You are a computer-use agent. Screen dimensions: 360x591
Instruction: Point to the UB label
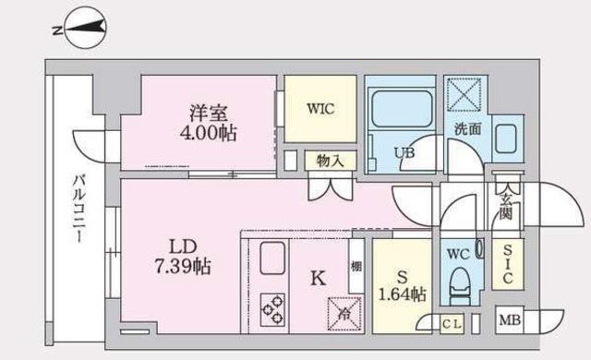tap(404, 152)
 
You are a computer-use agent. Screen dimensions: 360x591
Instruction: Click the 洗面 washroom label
tap(467, 129)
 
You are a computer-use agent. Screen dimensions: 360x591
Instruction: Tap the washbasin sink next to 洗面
tap(507, 139)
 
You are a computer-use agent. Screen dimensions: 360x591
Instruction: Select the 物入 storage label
tap(330, 161)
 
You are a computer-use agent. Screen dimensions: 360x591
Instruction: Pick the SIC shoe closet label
tap(509, 264)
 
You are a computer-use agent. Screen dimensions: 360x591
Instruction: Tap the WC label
tap(457, 252)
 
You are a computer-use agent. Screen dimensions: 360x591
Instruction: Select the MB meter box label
tap(509, 321)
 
